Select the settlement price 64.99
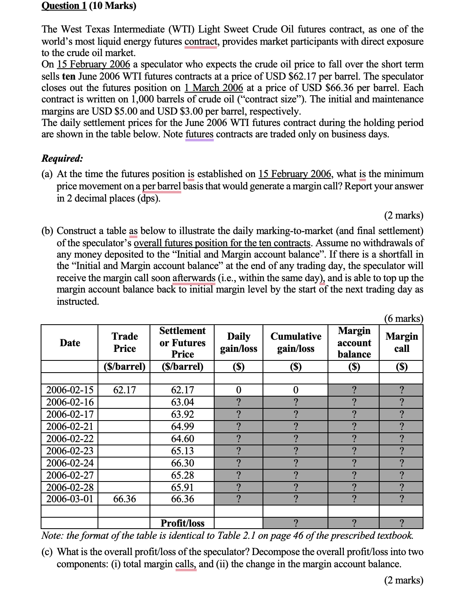[x=182, y=427]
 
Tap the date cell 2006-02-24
[x=70, y=463]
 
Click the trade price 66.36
[x=124, y=499]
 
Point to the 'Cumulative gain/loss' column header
[x=295, y=343]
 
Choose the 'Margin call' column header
[x=401, y=343]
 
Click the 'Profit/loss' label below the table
[x=182, y=523]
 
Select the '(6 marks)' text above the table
[x=404, y=319]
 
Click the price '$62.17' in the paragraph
[x=302, y=76]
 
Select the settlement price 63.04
[x=182, y=402]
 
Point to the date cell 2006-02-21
[x=70, y=427]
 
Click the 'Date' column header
[x=70, y=343]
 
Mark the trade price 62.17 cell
[x=124, y=390]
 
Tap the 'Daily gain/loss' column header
[x=239, y=343]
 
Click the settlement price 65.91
[x=182, y=487]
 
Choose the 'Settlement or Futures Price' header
[x=182, y=343]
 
